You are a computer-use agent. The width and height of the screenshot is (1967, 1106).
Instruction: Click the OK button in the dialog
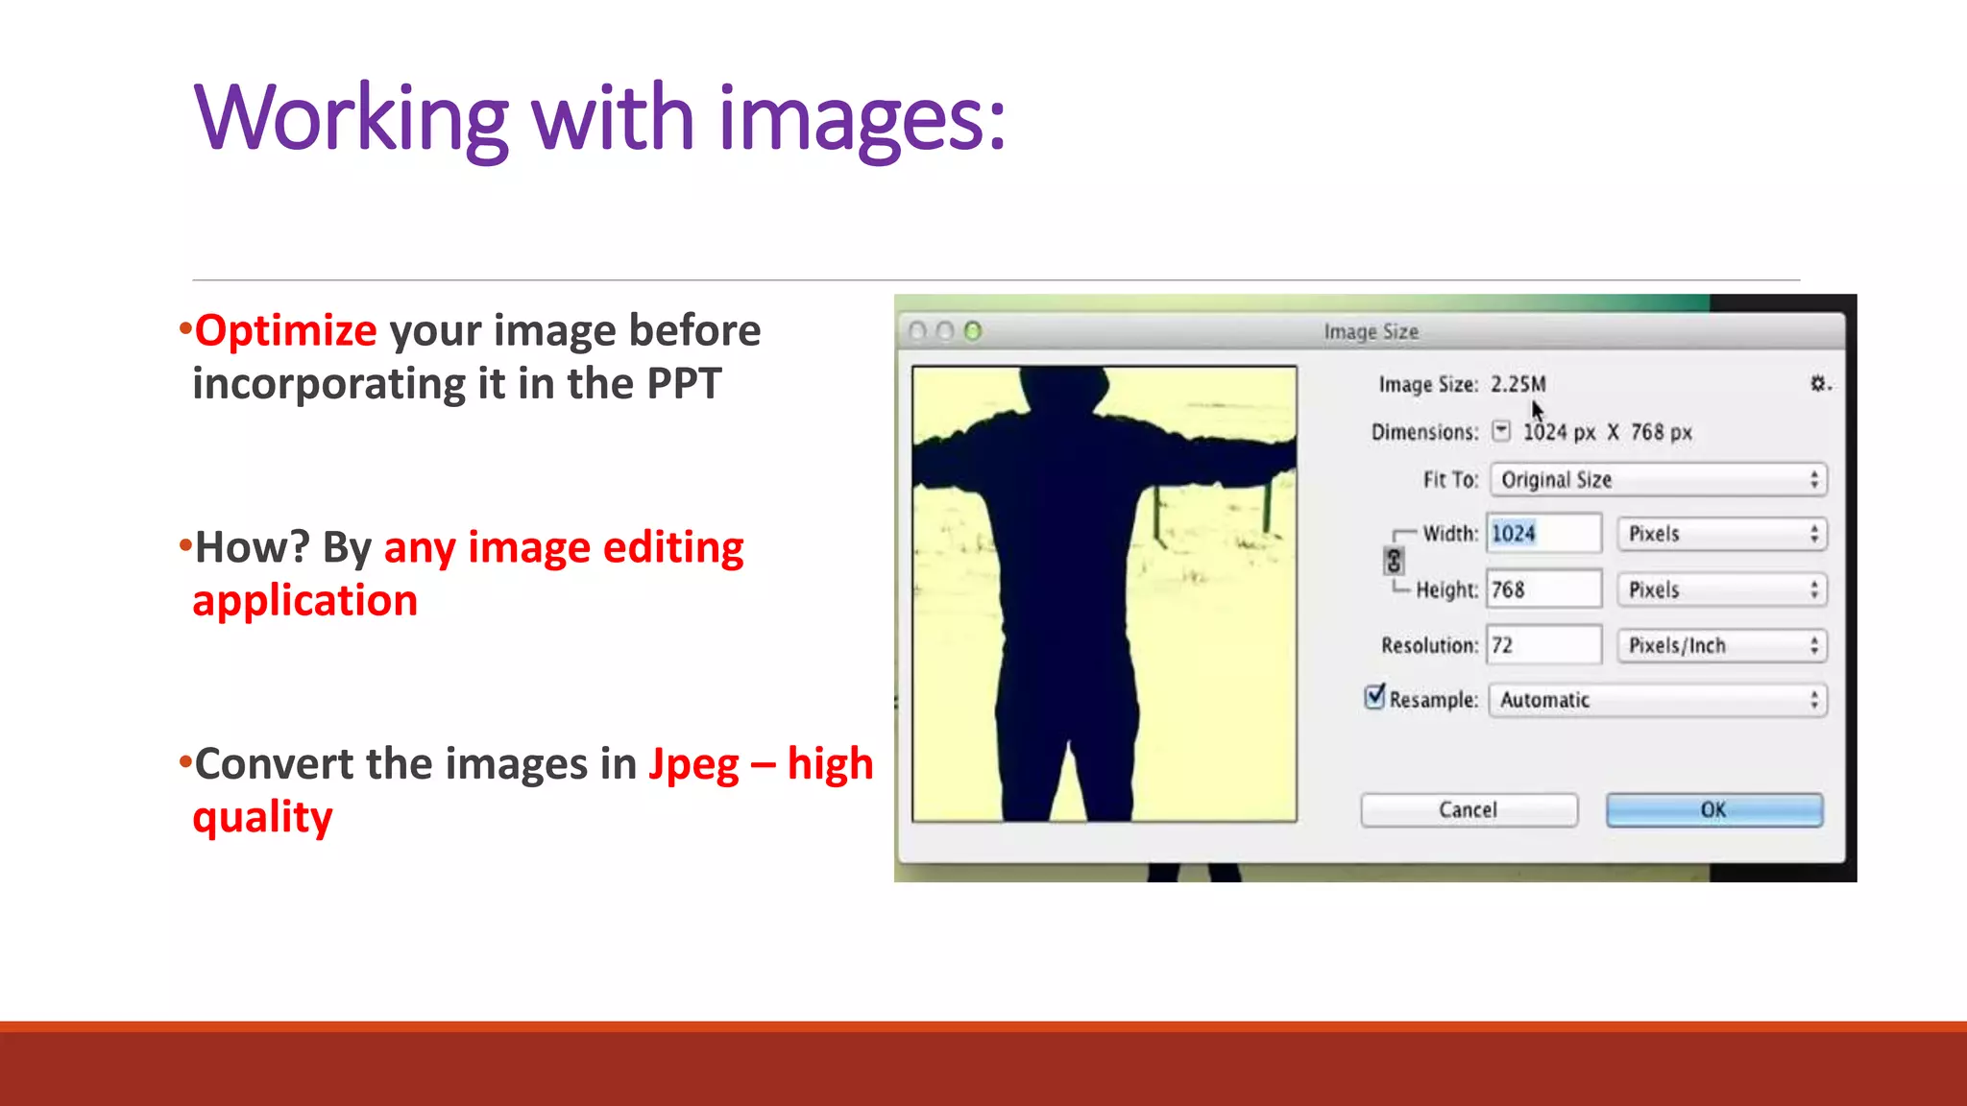1713,809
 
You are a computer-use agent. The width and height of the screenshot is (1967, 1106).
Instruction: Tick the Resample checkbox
1375,696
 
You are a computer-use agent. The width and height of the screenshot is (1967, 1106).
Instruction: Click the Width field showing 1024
1542,534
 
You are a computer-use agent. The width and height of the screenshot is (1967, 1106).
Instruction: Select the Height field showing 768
1542,589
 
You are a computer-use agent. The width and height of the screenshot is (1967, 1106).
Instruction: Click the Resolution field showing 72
1542,645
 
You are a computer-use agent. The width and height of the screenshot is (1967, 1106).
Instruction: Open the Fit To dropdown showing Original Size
1658,479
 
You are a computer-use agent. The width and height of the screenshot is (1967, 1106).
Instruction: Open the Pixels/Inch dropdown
1721,645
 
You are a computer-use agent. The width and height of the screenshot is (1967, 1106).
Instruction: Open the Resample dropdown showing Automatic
1658,700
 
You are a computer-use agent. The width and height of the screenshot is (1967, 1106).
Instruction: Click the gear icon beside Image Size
1818,384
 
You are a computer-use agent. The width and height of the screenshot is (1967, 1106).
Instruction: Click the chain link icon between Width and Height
1394,561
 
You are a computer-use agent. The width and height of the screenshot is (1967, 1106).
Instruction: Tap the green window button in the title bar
973,331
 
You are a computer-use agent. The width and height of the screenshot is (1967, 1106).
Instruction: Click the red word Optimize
285,330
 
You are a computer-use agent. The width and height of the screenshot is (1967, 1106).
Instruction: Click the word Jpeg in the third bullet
693,764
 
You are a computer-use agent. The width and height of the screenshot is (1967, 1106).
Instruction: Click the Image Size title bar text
1371,331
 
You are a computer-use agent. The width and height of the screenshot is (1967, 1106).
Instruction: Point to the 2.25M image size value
1518,384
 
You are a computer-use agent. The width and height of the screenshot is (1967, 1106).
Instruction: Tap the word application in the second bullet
305,601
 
